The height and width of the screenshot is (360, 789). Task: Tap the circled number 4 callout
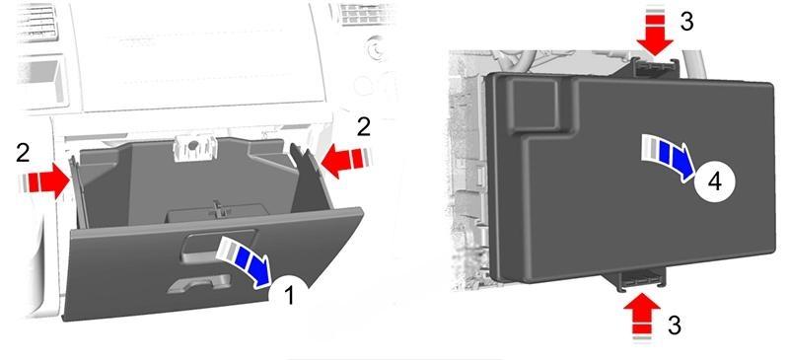tap(715, 181)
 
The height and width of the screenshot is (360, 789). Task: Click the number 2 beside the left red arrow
tap(23, 154)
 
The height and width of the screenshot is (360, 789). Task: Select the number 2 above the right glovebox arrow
tap(363, 127)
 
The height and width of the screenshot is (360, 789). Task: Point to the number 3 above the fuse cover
tap(686, 22)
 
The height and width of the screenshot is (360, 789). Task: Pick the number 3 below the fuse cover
tap(675, 325)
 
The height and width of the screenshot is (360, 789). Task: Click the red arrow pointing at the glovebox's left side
tap(44, 181)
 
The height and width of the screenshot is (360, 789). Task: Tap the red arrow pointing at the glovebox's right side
tap(344, 161)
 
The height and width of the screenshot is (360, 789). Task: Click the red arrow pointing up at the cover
tap(642, 318)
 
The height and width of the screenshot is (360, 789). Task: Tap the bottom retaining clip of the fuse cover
tap(638, 279)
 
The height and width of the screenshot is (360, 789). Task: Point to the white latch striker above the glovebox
tap(193, 149)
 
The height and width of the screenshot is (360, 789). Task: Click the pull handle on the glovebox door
tap(199, 285)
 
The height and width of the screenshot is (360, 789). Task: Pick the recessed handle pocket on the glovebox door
tap(218, 246)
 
